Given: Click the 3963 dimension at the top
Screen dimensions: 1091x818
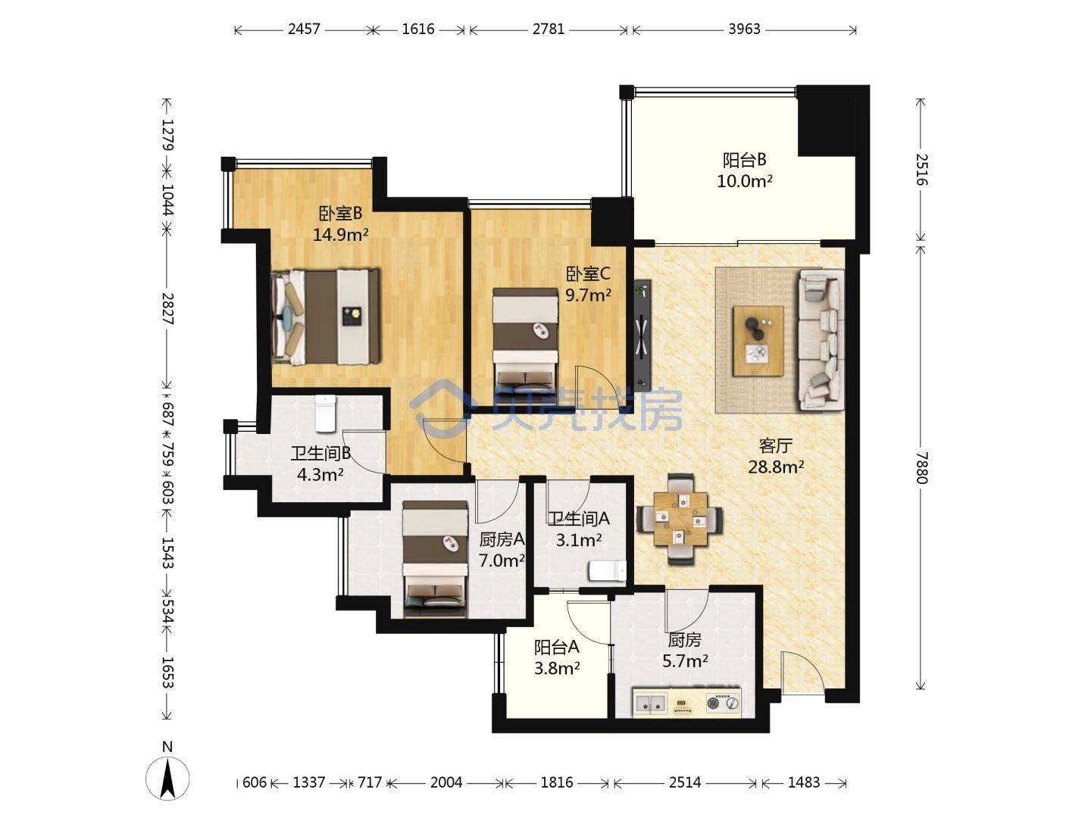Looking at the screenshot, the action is tap(744, 30).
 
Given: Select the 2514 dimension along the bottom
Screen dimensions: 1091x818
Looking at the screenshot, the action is tap(684, 782).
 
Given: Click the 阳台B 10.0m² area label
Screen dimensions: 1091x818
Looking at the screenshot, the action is tap(744, 170).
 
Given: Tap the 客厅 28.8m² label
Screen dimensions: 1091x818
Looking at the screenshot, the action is tap(776, 456).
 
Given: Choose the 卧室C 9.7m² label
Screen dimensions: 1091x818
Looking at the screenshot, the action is tap(588, 285).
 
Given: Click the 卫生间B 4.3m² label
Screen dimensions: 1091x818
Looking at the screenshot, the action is tap(320, 464).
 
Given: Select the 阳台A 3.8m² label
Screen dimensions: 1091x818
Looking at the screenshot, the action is tap(557, 658).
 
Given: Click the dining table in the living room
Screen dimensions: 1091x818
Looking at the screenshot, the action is tap(680, 520).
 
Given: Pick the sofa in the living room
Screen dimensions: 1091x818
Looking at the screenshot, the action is tap(821, 340).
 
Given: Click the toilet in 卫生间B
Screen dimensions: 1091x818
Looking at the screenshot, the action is tap(325, 414).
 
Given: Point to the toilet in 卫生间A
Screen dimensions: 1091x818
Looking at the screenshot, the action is tap(607, 570).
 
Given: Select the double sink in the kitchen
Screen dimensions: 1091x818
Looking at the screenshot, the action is tap(650, 703).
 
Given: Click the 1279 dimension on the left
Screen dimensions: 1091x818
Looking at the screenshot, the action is tap(167, 135).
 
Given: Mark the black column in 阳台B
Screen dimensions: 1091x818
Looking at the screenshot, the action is tap(833, 121).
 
